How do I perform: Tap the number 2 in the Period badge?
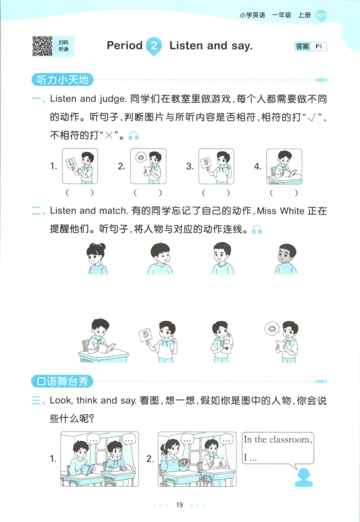(x=154, y=45)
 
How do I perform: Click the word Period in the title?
(x=125, y=45)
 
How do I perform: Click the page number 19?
(x=180, y=505)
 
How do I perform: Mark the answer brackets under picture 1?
(x=80, y=193)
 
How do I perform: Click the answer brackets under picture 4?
(x=284, y=193)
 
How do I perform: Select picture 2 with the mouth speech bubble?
(x=148, y=166)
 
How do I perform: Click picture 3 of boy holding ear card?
(x=216, y=166)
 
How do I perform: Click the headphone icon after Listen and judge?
(x=134, y=136)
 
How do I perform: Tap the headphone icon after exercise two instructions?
(x=256, y=230)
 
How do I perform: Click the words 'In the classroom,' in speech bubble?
(x=277, y=440)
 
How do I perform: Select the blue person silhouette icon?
(x=304, y=477)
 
